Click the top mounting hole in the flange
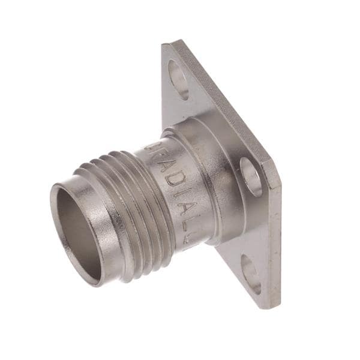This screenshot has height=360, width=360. click(x=179, y=79)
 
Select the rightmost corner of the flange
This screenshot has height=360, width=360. click(x=280, y=180)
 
